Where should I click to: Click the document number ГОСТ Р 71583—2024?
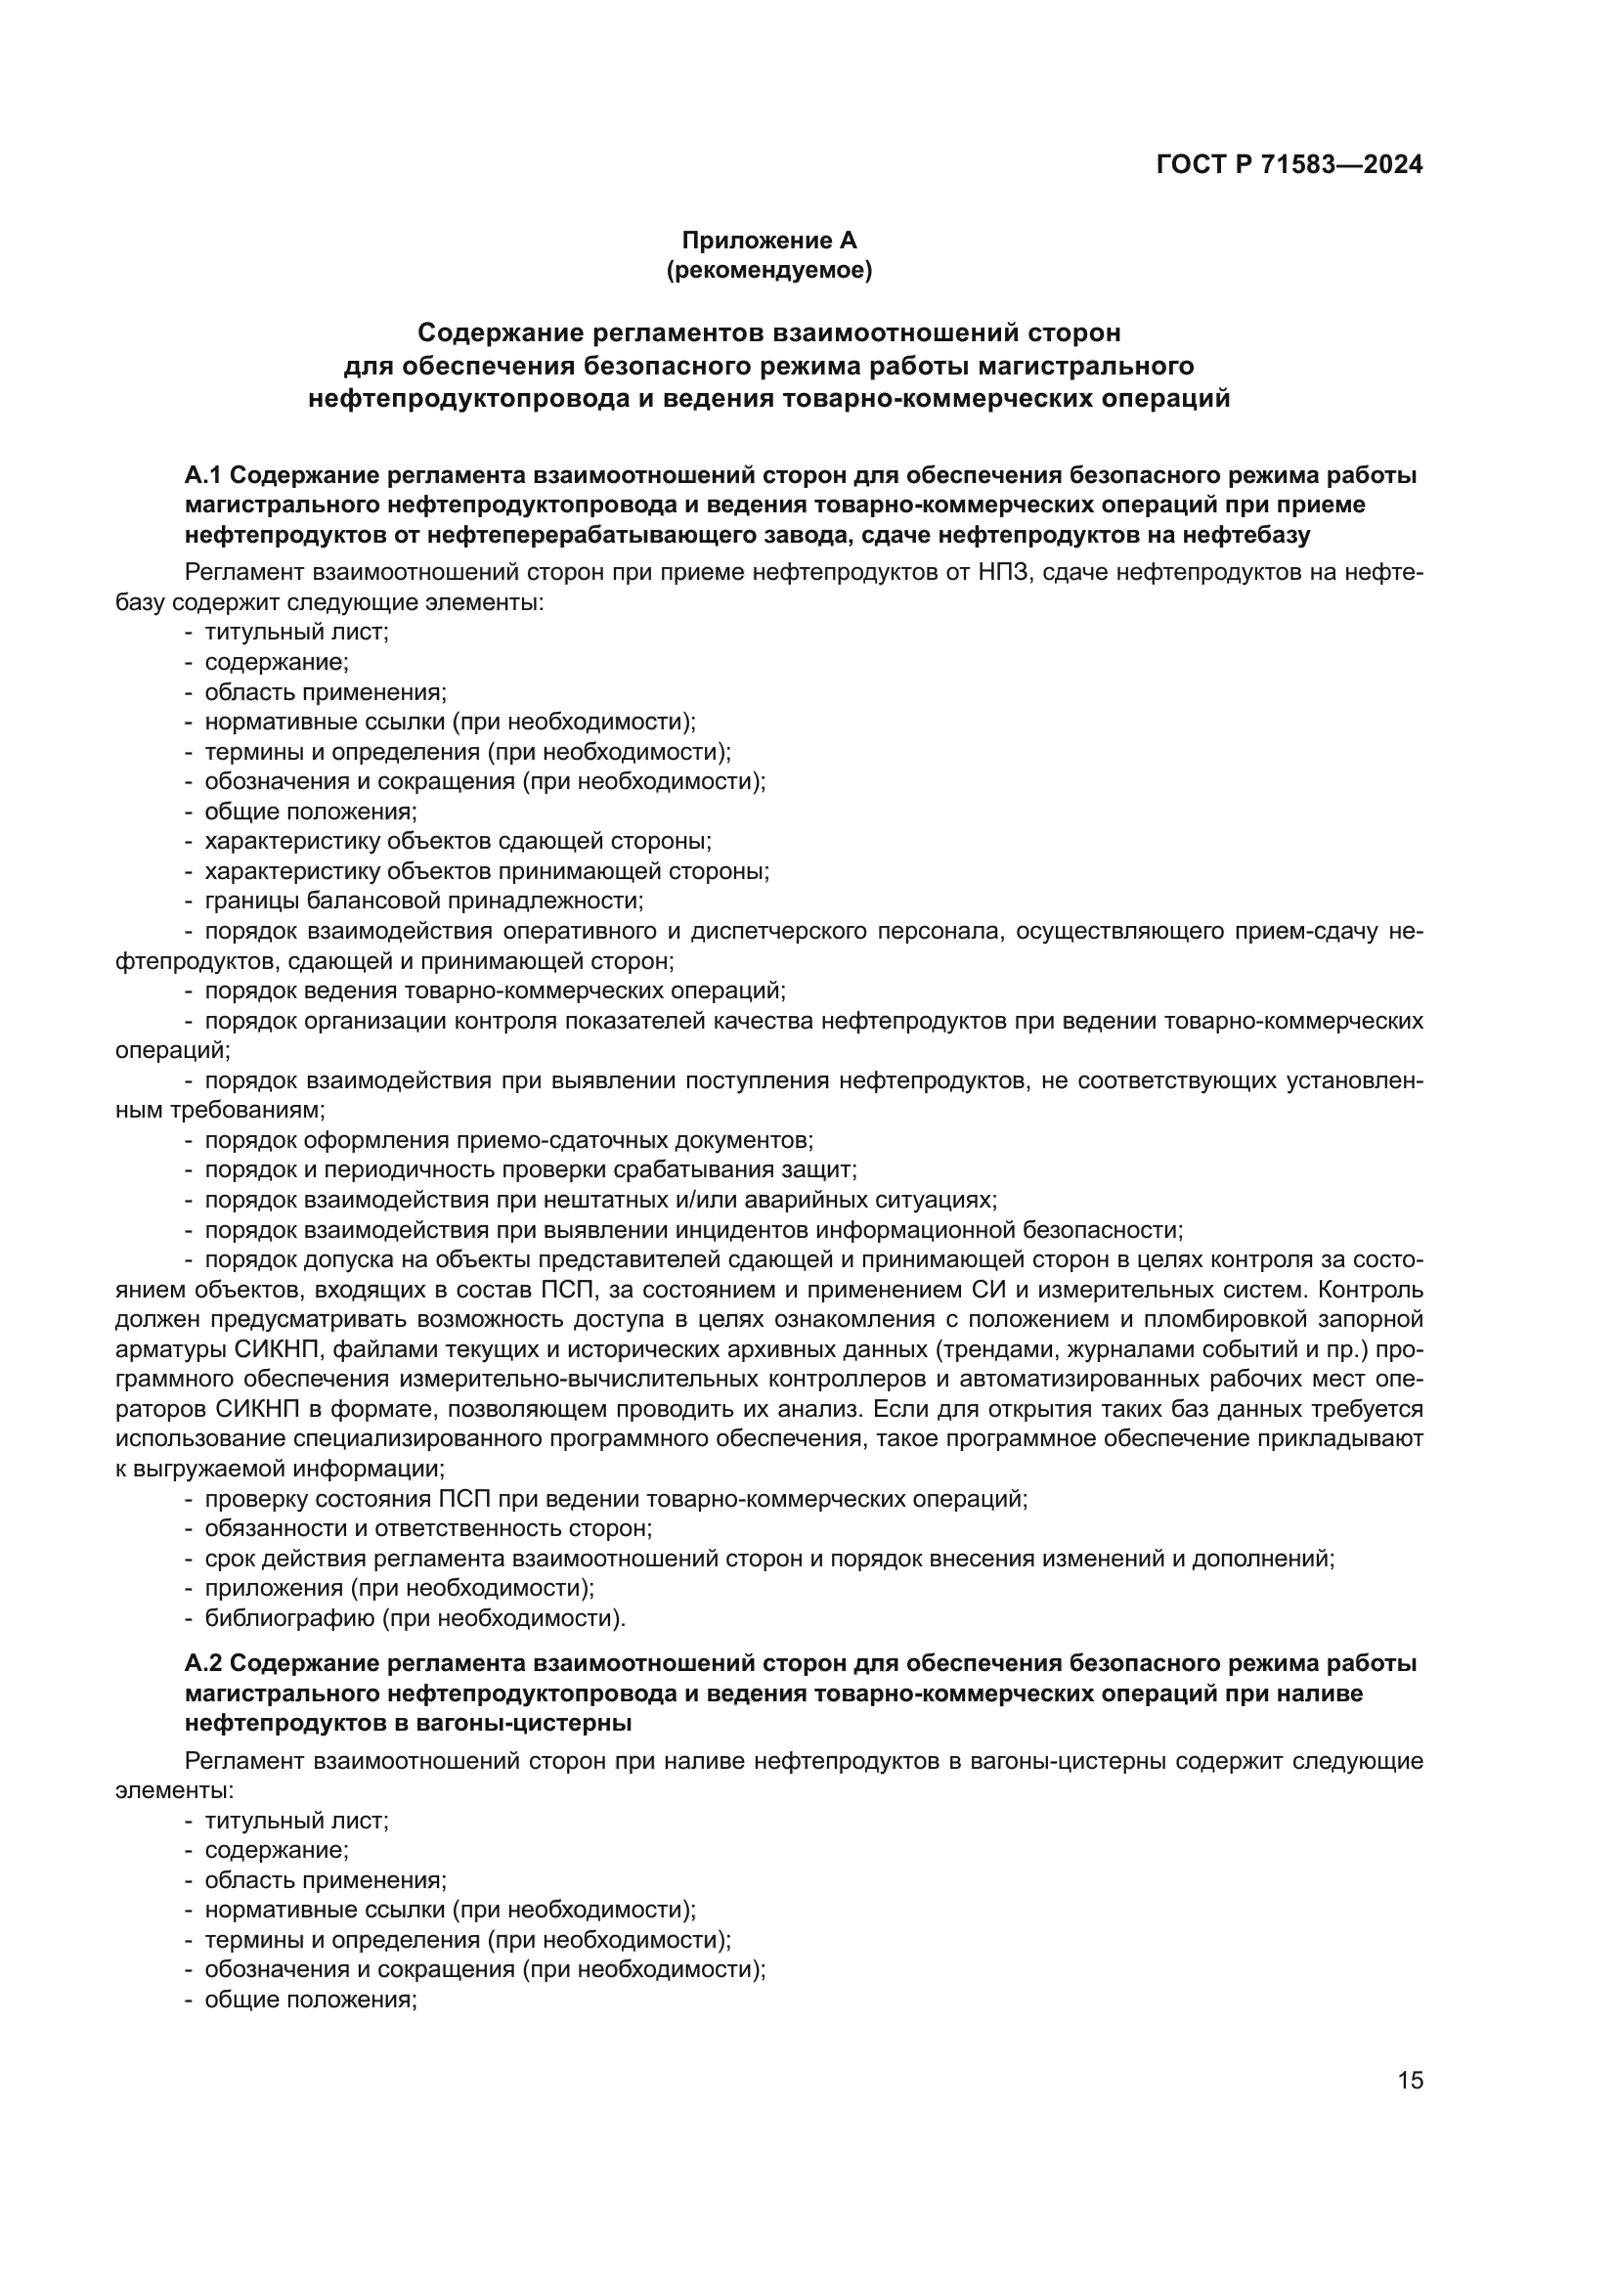1289,165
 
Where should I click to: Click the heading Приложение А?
768,241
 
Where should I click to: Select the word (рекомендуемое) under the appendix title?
768,270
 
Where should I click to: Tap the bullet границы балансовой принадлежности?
423,902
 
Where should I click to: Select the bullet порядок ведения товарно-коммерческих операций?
495,991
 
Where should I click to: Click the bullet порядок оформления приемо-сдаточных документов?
508,1140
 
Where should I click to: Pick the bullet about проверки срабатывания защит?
530,1170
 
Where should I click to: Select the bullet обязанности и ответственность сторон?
428,1529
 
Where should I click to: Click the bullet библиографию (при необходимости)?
415,1618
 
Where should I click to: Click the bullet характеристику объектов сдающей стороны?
458,842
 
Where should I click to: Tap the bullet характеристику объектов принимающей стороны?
487,871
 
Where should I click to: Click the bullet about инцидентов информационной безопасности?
693,1230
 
